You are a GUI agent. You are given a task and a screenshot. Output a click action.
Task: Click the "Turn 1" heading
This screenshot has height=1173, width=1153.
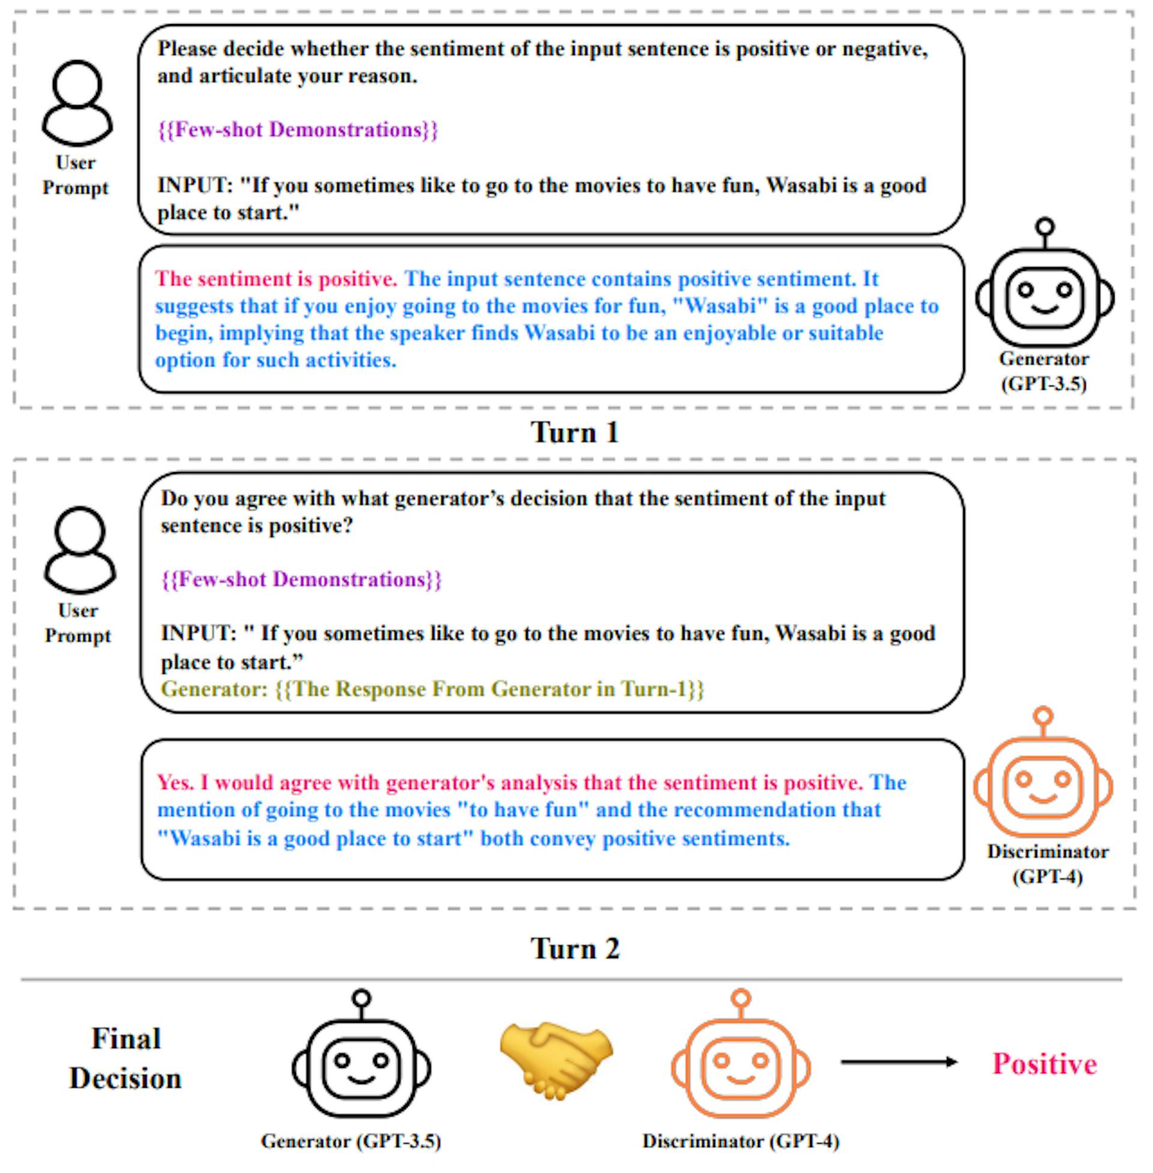click(x=575, y=432)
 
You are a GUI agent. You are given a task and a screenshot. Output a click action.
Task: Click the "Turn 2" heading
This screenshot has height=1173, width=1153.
click(x=575, y=948)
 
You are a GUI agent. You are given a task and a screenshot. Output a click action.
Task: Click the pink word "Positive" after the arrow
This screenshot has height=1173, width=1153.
click(x=1044, y=1064)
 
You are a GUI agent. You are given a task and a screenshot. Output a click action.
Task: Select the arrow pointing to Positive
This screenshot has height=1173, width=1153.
click(x=898, y=1061)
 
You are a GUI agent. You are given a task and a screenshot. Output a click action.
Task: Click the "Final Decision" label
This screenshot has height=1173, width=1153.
click(x=126, y=1058)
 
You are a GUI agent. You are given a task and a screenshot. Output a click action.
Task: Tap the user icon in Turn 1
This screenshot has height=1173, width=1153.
click(x=77, y=103)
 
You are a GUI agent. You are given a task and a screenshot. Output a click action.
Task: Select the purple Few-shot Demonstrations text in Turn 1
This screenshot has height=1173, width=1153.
click(x=297, y=130)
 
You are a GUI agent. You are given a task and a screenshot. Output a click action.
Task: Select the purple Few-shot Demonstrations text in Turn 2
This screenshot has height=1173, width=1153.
click(x=301, y=580)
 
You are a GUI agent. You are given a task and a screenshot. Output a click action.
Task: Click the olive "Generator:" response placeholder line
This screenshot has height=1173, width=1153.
click(x=432, y=689)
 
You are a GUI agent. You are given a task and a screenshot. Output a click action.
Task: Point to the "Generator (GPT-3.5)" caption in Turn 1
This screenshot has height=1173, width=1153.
click(x=1043, y=371)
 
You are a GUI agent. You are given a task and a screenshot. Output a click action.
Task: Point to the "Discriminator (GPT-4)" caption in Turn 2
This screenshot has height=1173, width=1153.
click(x=1047, y=864)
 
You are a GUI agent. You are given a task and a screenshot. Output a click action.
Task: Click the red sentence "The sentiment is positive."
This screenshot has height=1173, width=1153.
click(x=276, y=279)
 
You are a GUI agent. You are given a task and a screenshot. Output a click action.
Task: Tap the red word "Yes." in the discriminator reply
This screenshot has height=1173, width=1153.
click(x=175, y=783)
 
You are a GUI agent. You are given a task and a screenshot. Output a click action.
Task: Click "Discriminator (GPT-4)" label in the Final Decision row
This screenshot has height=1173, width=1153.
click(x=740, y=1141)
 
